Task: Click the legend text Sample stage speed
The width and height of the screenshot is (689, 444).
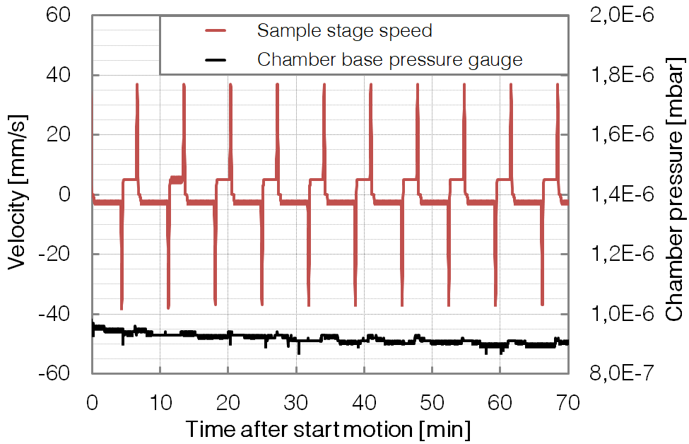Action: [x=344, y=31]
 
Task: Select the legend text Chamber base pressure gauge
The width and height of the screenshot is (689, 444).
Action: [x=389, y=59]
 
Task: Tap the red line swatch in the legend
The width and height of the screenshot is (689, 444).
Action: [x=216, y=31]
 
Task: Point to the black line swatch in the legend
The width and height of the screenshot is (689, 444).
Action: [x=216, y=59]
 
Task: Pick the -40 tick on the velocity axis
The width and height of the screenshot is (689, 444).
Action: [x=63, y=313]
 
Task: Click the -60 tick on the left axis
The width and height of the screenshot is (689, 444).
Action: [x=63, y=373]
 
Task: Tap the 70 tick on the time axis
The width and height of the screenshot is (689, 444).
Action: [x=568, y=402]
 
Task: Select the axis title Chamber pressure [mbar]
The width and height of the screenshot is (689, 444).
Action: [x=674, y=194]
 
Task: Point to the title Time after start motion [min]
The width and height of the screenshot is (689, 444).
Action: [x=328, y=429]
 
